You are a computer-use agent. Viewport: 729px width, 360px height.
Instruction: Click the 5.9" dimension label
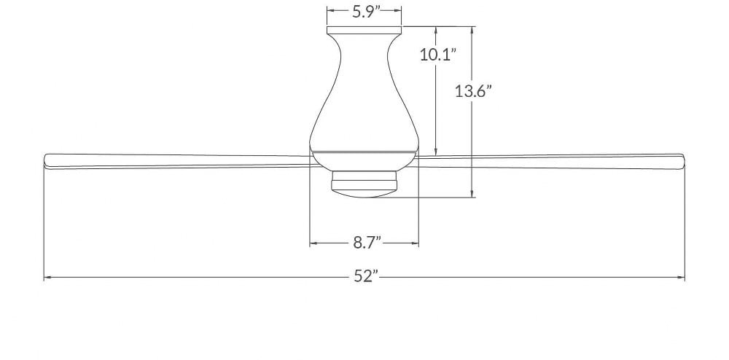(x=364, y=11)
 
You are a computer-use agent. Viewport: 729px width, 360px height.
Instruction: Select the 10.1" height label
(x=437, y=55)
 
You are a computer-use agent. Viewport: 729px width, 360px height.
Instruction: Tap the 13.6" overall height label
(x=473, y=91)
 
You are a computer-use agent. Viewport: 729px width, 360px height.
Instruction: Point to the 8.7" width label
(x=367, y=243)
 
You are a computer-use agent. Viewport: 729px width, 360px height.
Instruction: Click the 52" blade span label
(x=365, y=277)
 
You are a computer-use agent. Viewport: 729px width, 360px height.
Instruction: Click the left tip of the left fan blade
(x=44, y=161)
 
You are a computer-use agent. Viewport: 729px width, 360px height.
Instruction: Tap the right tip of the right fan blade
(x=684, y=161)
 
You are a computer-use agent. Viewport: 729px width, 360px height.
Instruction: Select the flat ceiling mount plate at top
(x=364, y=30)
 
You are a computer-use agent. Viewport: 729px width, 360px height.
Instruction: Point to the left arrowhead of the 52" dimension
(x=47, y=278)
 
